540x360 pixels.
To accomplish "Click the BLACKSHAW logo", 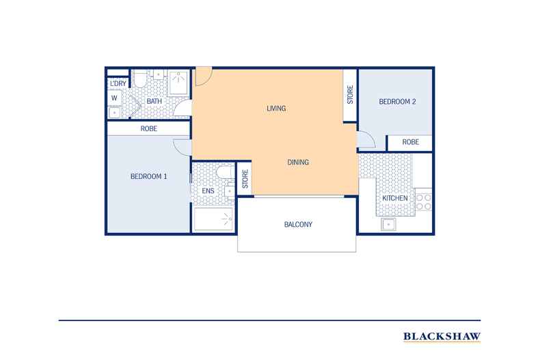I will coord(442,335).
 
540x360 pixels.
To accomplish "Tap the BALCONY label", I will coord(297,224).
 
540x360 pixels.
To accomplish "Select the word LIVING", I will coord(275,109).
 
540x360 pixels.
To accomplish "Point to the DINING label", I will coord(298,163).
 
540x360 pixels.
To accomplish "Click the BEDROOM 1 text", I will coord(148,176).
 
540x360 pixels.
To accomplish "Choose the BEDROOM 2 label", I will coord(397,102).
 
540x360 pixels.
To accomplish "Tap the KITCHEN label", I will coord(395,198).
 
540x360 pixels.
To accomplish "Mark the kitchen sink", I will coord(392,224).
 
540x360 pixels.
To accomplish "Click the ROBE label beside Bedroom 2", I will coord(410,142).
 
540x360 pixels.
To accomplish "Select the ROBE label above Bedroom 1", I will coord(150,128).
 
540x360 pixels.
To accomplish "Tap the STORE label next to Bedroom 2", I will coord(350,94).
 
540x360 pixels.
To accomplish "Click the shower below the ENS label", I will coord(213,220).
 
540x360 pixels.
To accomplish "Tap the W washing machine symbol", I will coord(113,98).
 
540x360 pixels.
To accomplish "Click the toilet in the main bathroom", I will coord(139,82).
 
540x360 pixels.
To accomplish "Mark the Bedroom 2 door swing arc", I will coord(365,139).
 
